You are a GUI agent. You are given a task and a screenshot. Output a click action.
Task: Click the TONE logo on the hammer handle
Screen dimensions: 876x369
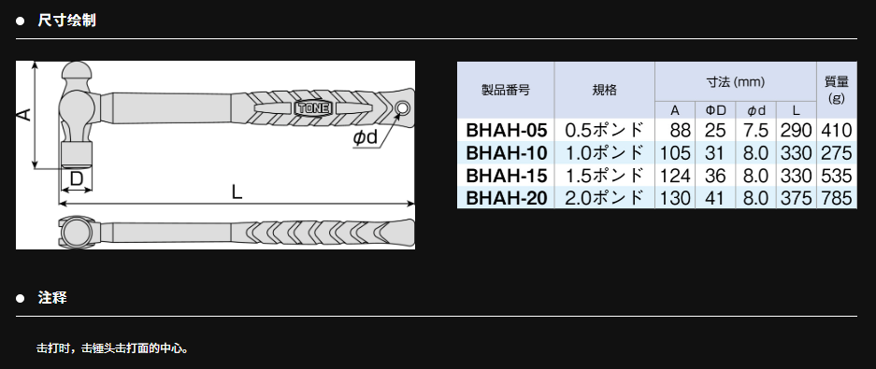(x=313, y=107)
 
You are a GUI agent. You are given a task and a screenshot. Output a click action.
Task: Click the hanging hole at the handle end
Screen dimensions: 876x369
(x=401, y=107)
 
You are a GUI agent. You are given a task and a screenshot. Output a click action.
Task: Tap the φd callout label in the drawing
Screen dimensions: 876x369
(x=366, y=136)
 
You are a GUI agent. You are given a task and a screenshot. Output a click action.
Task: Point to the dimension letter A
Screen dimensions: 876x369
(x=23, y=115)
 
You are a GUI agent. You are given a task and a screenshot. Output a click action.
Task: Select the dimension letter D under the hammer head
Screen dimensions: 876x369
(x=77, y=178)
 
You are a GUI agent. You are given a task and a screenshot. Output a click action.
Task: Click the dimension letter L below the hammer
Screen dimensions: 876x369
(x=237, y=192)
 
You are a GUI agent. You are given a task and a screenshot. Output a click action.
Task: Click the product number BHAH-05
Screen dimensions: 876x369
(x=506, y=130)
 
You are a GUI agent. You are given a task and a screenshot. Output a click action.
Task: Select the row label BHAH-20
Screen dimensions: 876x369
(x=506, y=198)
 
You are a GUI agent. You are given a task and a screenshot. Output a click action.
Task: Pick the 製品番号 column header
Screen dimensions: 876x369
(x=506, y=90)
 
